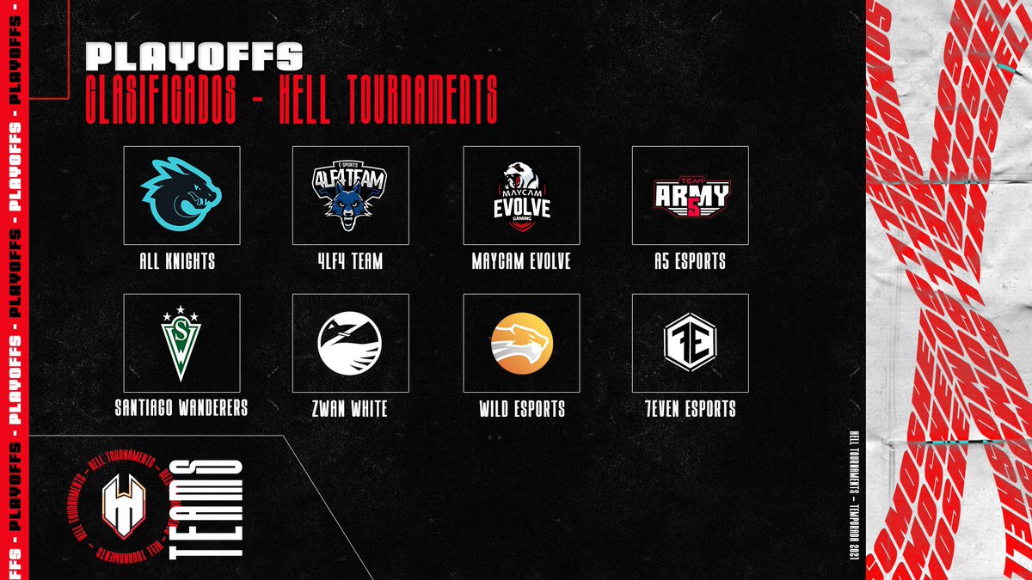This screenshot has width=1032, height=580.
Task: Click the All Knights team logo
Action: click(x=181, y=194)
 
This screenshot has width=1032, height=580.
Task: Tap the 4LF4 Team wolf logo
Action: click(x=349, y=194)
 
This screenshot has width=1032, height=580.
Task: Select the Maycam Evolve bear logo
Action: click(x=520, y=194)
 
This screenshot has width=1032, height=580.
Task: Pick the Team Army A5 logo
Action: click(x=690, y=196)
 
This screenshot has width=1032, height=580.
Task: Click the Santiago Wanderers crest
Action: click(x=181, y=343)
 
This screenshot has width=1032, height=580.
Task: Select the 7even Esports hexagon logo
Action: click(x=690, y=343)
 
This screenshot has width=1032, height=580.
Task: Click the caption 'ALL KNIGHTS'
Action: click(x=181, y=261)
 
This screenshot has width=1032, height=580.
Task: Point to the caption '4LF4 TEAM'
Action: click(x=349, y=261)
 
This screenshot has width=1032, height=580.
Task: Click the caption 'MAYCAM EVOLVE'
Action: click(x=520, y=261)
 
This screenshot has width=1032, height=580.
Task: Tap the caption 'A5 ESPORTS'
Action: click(x=690, y=261)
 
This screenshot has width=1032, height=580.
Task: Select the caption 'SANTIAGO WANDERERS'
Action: click(x=181, y=408)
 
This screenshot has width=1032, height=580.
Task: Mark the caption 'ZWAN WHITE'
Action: click(x=349, y=409)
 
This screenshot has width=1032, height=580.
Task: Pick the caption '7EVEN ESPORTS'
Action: click(x=690, y=409)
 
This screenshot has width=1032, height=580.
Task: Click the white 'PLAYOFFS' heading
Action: click(x=194, y=57)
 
